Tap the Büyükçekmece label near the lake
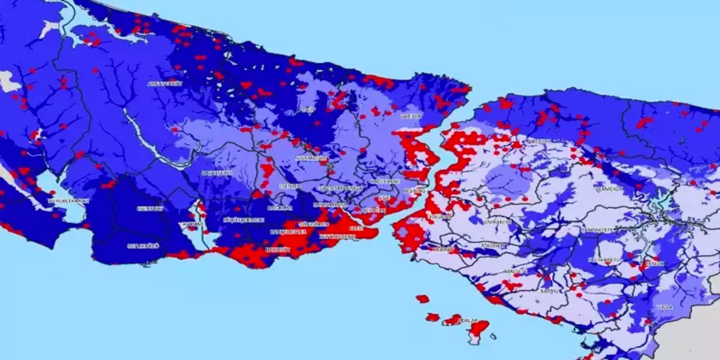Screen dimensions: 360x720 click(69, 200)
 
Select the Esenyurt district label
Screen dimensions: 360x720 click(150, 209)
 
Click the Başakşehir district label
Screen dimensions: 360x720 click(217, 173)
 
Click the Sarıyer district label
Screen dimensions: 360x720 click(411, 116)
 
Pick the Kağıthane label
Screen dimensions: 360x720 click(385, 182)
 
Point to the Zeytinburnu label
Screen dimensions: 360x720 click(337, 237)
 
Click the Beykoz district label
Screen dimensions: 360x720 click(539, 141)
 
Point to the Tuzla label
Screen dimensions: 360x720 click(664, 307)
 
